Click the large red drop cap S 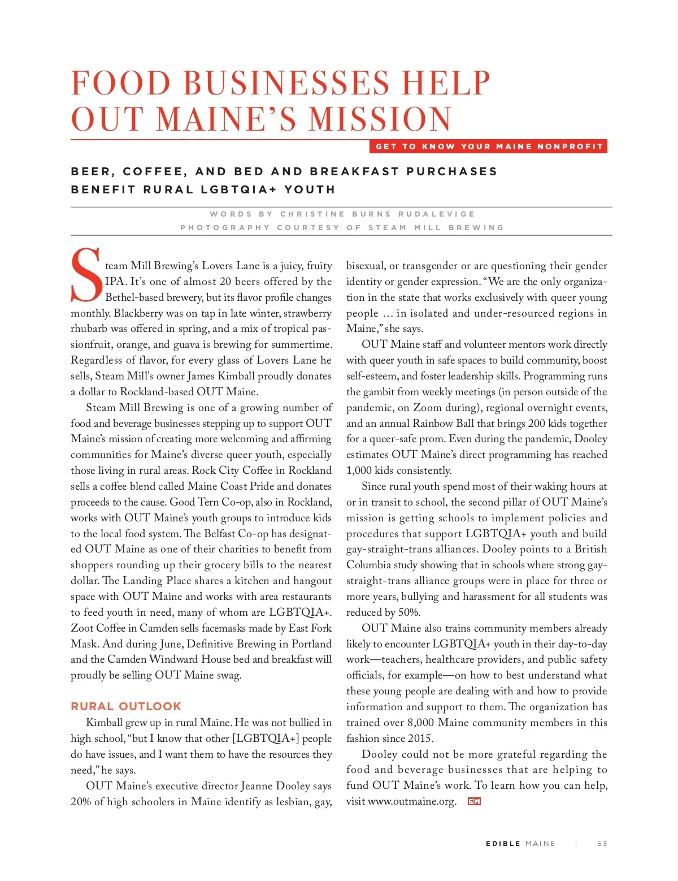pos(86,275)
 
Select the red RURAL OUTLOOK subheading pos(126,706)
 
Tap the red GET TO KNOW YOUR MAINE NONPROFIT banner pos(489,146)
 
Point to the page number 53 pos(602,844)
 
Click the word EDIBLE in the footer pos(503,844)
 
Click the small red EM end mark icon pos(474,801)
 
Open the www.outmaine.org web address pos(412,801)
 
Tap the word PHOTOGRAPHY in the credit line pos(225,228)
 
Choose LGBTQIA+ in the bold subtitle pos(238,189)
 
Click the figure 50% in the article pos(408,612)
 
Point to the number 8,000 pos(420,723)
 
